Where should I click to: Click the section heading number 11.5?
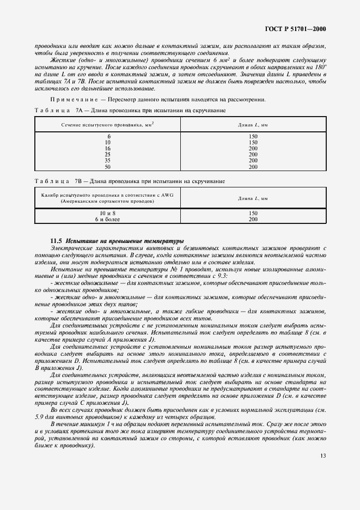pyautogui.click(x=56, y=240)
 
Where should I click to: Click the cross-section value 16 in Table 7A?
pyautogui.click(x=108, y=148)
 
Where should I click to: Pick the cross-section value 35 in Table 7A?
pyautogui.click(x=108, y=161)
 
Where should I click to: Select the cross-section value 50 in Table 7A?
pyautogui.click(x=108, y=167)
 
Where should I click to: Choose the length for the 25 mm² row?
pyautogui.click(x=252, y=154)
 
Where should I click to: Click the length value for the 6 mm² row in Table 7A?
pyautogui.click(x=252, y=136)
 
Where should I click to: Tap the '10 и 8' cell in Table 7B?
pyautogui.click(x=108, y=213)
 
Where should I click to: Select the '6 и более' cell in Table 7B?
pyautogui.click(x=108, y=219)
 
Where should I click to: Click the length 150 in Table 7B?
pyautogui.click(x=252, y=213)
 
